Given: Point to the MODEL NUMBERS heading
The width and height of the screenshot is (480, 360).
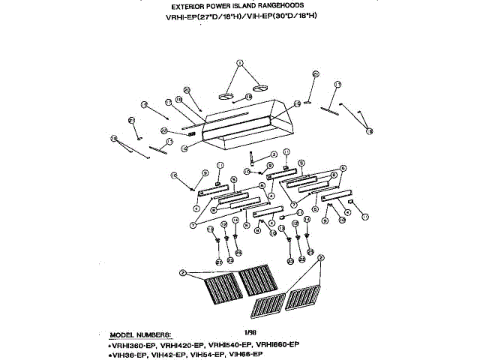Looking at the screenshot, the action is coord(140,333).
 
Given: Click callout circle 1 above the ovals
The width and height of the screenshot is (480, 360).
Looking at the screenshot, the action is coord(241,63).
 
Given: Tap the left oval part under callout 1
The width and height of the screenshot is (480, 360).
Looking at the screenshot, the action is coord(228,96).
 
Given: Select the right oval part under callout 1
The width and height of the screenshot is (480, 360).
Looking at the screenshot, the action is coord(259,89).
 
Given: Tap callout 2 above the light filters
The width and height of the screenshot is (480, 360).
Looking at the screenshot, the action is coord(320,258).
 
